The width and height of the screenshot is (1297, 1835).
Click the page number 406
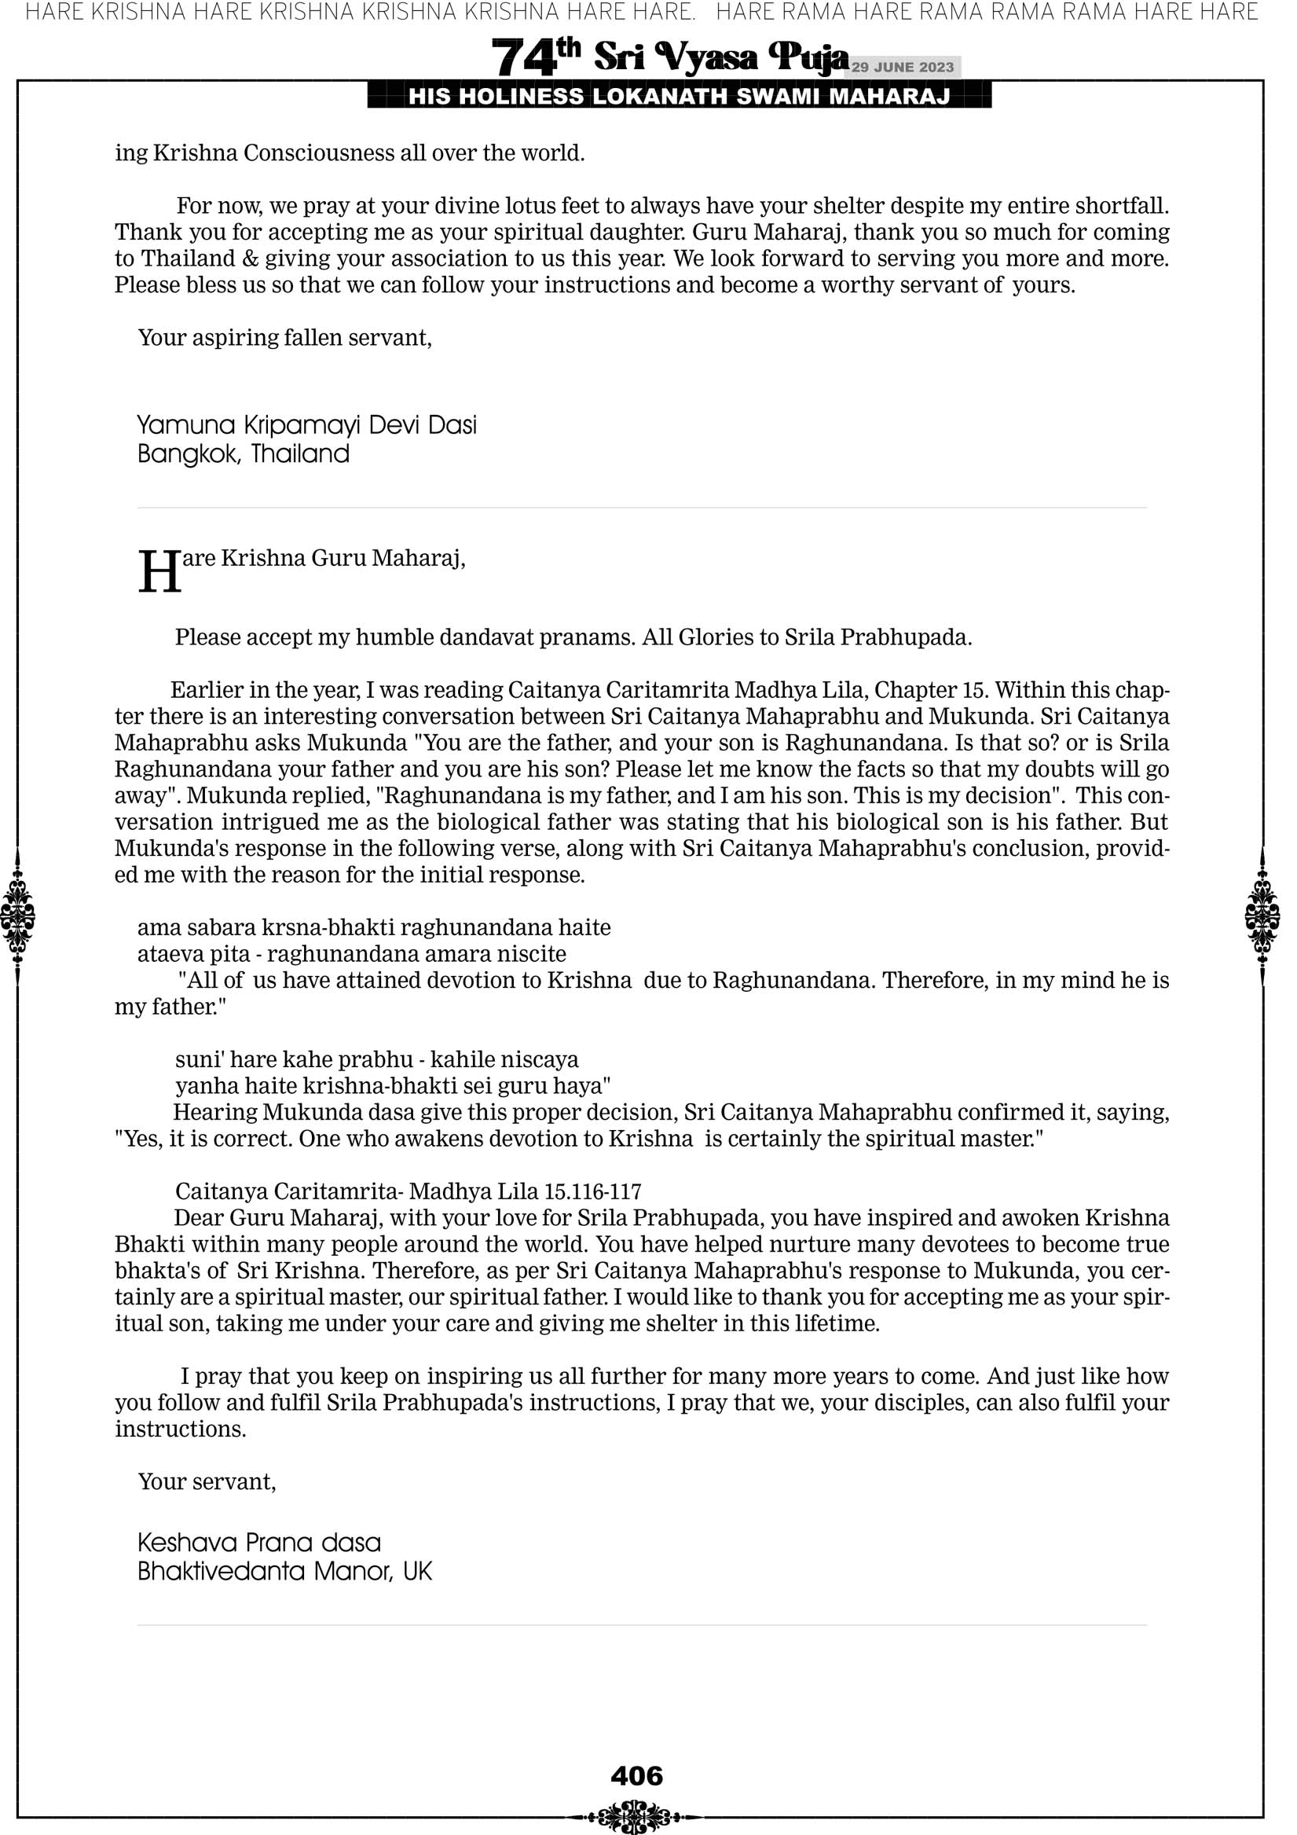[636, 1775]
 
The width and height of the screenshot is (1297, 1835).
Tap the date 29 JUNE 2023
[902, 67]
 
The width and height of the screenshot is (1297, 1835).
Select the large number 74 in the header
[523, 58]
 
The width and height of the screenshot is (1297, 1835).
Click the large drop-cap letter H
[159, 572]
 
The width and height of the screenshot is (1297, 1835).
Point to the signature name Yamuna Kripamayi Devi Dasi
[307, 424]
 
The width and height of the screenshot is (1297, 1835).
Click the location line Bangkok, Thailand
[244, 454]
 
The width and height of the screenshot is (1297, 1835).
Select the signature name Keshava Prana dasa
[259, 1542]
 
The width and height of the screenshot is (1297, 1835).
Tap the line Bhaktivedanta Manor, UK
[284, 1571]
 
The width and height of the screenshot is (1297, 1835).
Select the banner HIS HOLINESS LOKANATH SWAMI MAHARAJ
[680, 97]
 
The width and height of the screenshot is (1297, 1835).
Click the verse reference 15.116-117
[593, 1191]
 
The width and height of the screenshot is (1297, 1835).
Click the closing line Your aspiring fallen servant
[284, 337]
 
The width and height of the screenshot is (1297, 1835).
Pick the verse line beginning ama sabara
[374, 927]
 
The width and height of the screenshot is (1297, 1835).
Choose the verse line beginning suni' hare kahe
[376, 1059]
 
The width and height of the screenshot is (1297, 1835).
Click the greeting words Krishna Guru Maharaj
[343, 558]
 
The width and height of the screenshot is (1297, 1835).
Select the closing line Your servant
[207, 1481]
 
